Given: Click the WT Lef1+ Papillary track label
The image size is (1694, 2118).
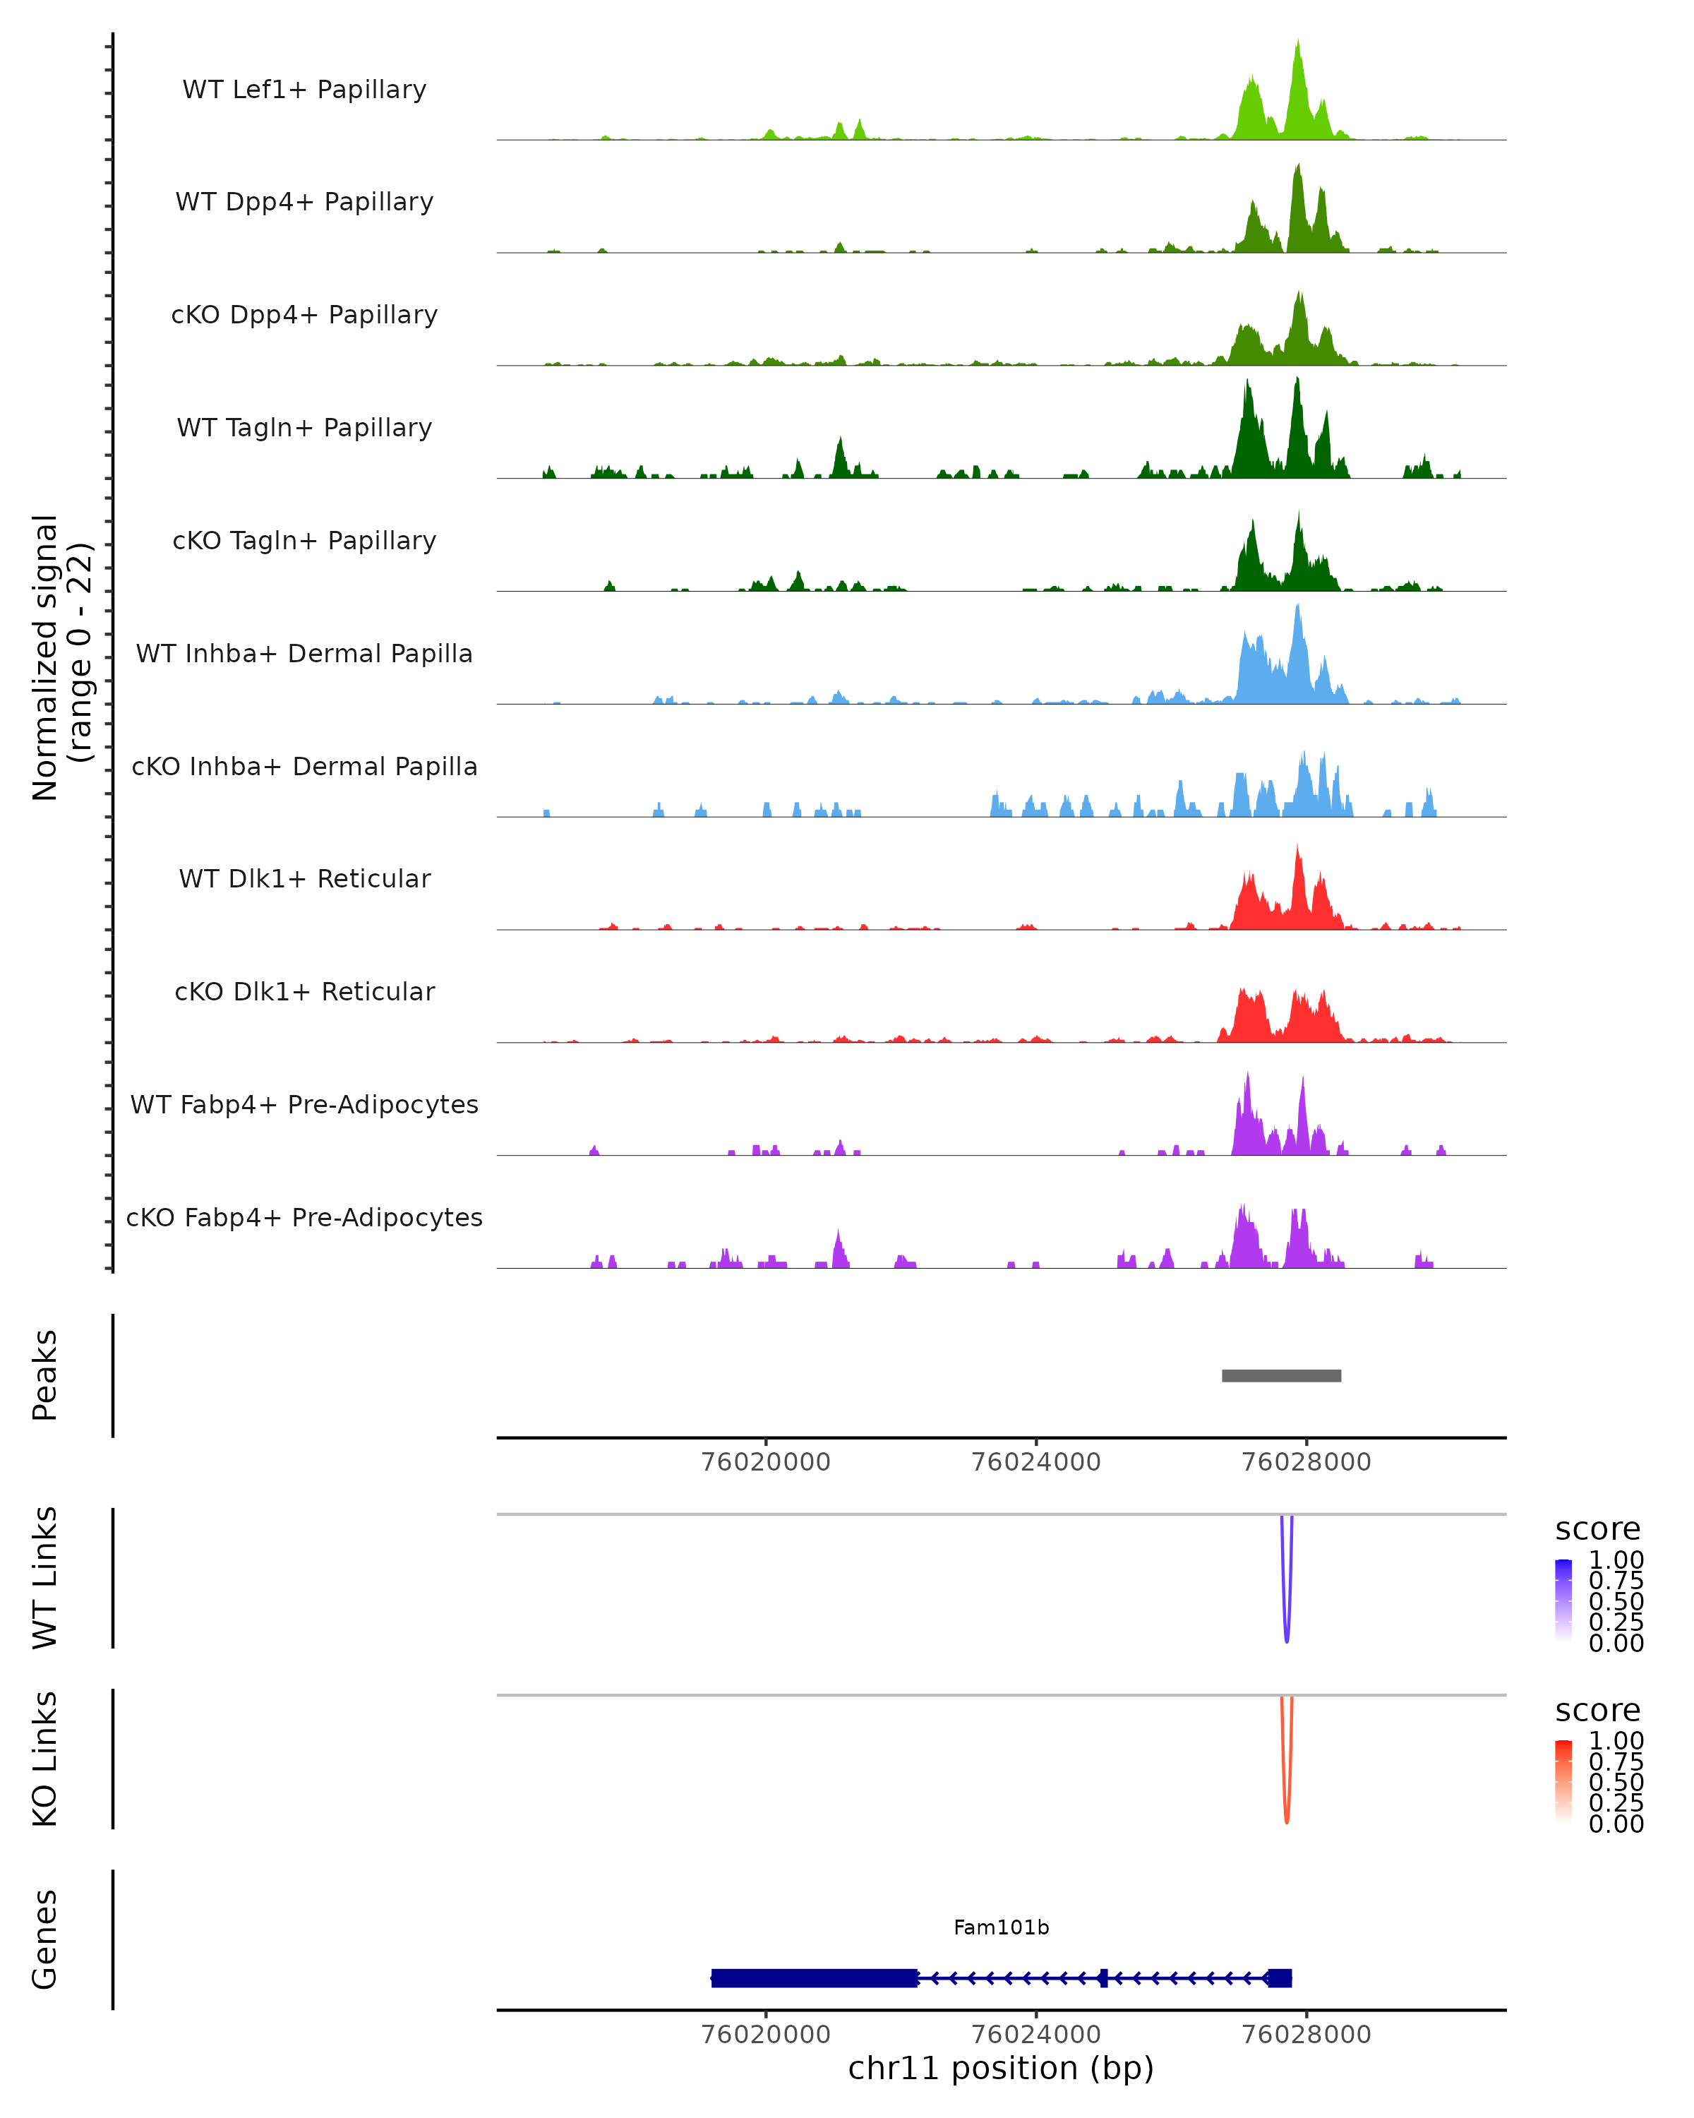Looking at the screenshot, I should coord(304,90).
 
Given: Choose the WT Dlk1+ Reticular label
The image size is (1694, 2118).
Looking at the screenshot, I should coord(304,878).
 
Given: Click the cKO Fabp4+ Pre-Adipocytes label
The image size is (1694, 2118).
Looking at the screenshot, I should coord(304,1217).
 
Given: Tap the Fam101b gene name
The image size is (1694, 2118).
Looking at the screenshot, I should coord(1001,1927).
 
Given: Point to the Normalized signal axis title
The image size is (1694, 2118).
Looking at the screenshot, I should coord(61,657).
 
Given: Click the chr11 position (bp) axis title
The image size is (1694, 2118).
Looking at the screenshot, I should coord(1001,2068).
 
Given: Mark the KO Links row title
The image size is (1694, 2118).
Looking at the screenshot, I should coord(45,1759).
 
